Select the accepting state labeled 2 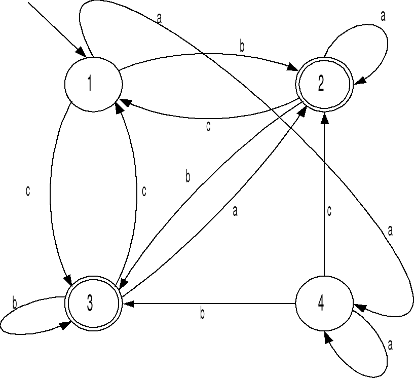pos(321,85)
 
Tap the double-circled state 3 pos(90,303)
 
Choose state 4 pos(321,304)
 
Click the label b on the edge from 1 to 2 pos(242,47)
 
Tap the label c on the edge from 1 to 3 pos(28,192)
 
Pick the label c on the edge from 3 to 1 pos(144,192)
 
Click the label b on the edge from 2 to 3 pos(187,177)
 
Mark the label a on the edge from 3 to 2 pos(235,211)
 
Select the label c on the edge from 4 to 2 pos(329,211)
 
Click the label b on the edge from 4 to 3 pos(202,314)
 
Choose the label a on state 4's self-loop pos(390,345)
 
